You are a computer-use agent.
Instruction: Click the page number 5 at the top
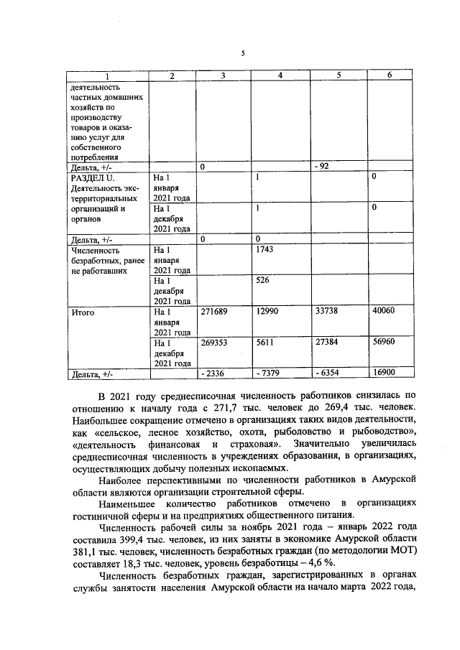243,53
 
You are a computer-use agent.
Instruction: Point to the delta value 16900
384,373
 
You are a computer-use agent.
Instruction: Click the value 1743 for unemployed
265,249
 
